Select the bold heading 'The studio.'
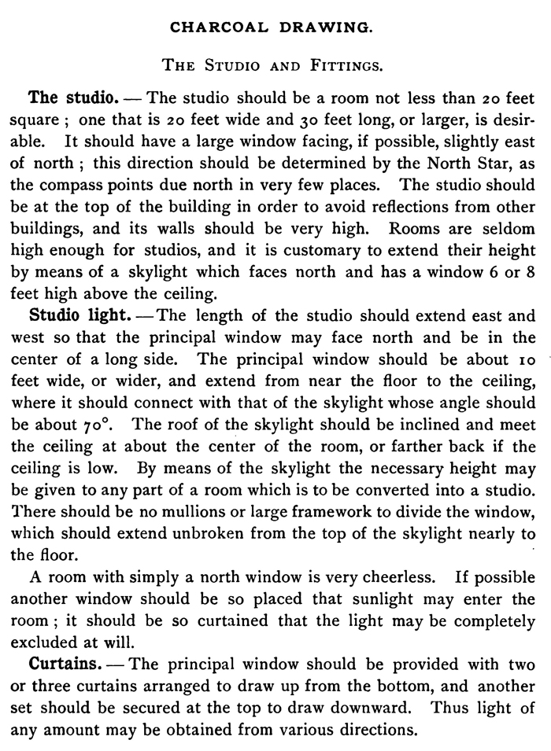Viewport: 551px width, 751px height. [73, 99]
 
